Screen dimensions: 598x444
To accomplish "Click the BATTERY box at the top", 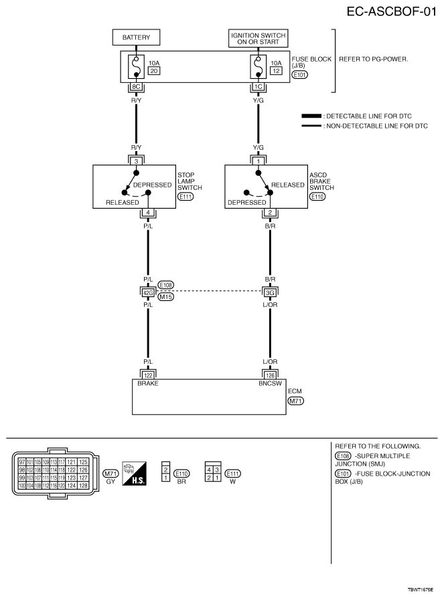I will pos(137,37).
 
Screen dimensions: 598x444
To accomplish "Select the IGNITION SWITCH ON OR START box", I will pos(258,37).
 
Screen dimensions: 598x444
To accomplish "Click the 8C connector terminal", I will pos(137,87).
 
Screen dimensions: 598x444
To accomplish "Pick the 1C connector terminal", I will pos(258,87).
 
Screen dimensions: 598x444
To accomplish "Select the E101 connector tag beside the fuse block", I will pos(301,75).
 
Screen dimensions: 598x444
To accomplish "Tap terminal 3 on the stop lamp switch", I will pos(137,161).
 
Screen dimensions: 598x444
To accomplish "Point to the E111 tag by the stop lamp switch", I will pos(185,197).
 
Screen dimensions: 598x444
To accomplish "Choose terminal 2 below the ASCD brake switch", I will pos(270,213).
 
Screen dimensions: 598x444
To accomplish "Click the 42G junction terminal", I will pos(148,292).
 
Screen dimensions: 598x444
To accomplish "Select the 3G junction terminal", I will pos(270,292).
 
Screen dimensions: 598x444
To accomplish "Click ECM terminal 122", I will pos(148,374).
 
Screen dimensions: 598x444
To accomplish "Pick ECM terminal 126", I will pos(270,374).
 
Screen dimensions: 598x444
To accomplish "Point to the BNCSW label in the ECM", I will pos(268,383).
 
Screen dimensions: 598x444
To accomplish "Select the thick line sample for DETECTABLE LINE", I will pos(311,116).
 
